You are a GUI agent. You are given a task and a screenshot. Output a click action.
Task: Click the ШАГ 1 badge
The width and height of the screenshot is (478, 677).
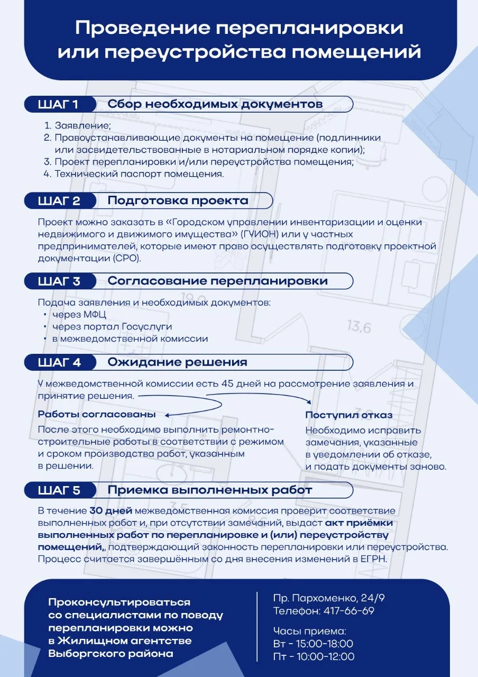point(59,104)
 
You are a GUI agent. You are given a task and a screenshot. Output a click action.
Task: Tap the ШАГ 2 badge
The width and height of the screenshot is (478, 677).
point(59,200)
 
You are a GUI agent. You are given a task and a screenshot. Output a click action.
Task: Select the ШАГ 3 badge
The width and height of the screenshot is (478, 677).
point(59,281)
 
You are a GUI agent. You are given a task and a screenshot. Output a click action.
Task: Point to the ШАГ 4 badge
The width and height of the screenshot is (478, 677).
point(59,362)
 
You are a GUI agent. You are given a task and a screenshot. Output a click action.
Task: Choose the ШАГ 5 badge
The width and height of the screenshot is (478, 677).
point(59,490)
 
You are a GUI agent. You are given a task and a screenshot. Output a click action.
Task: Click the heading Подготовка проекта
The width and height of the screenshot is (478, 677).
point(178,200)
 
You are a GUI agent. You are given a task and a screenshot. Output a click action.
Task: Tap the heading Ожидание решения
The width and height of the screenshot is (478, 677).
point(177,362)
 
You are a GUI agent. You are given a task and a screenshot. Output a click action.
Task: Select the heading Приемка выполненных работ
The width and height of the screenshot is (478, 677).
point(209,490)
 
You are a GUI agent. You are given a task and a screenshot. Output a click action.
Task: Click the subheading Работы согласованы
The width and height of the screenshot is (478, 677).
point(97,414)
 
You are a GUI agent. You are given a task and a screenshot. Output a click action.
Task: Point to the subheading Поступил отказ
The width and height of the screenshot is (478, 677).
point(348,415)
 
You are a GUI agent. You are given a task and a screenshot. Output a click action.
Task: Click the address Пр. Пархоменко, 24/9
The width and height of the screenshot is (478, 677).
point(329,599)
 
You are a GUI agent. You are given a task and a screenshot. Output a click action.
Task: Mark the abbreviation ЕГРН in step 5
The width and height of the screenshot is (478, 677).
point(373,558)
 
